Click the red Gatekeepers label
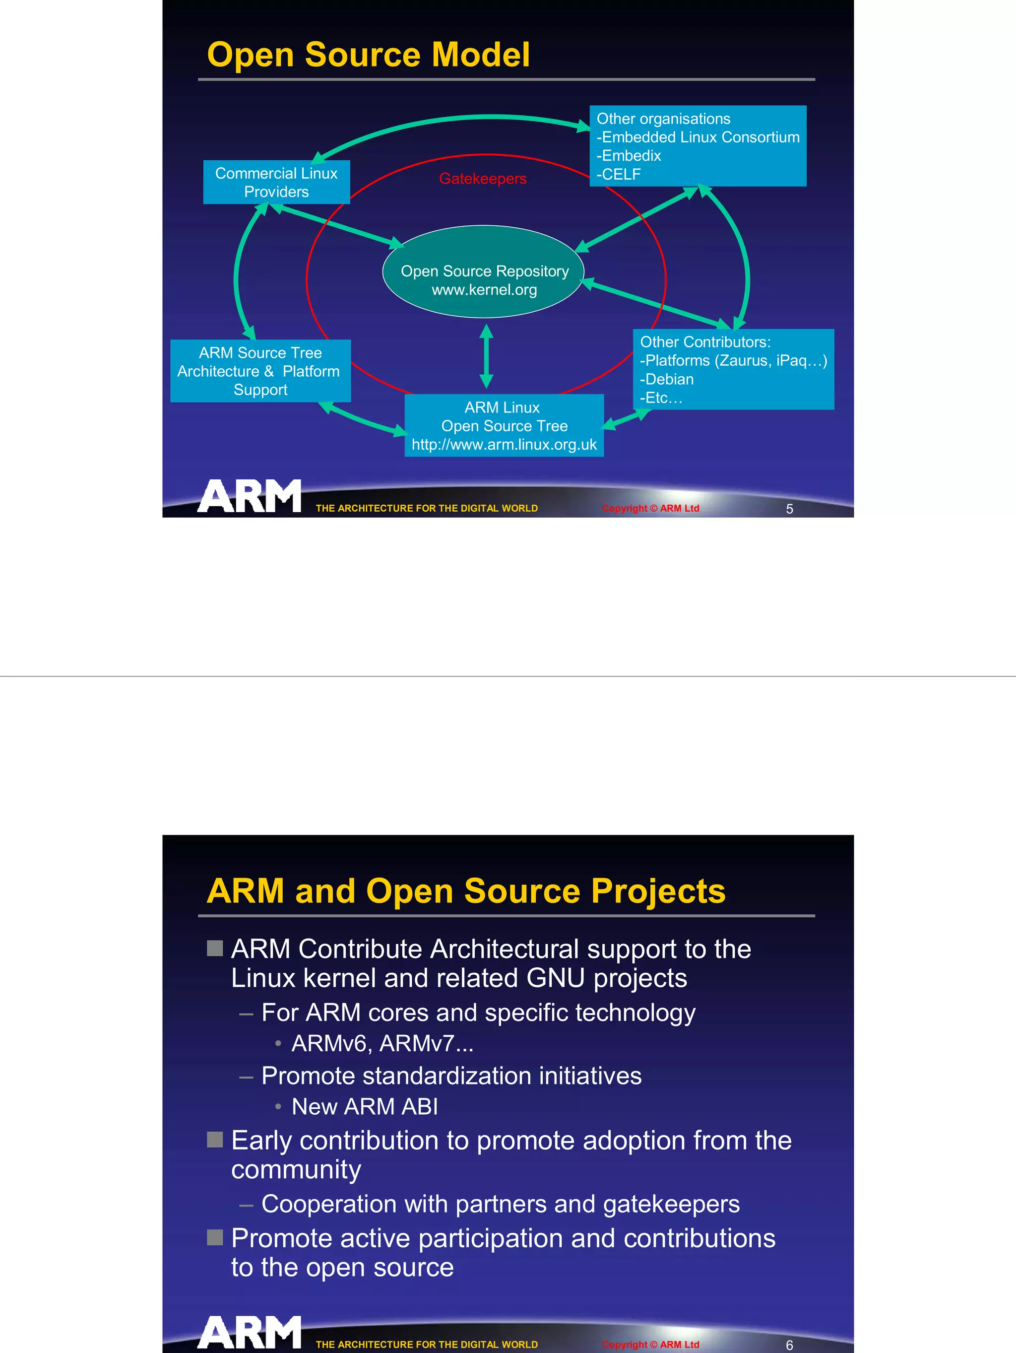click(482, 179)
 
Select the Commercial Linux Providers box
click(276, 182)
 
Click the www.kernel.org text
click(484, 290)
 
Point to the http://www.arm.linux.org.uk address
click(504, 445)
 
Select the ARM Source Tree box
click(260, 371)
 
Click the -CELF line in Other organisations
click(619, 174)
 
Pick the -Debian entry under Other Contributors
click(667, 379)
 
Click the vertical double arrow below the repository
click(487, 356)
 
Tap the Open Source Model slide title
click(368, 55)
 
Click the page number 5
click(789, 509)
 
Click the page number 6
click(789, 1345)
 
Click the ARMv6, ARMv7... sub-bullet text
click(382, 1043)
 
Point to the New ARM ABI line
click(364, 1106)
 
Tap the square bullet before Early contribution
click(215, 1140)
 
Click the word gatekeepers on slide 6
click(671, 1204)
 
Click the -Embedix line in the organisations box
click(629, 156)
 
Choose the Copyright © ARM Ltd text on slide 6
click(650, 1345)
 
